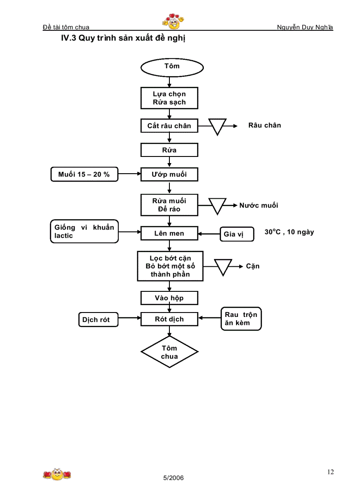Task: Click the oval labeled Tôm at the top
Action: [x=172, y=67]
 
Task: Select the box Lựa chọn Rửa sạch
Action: [x=169, y=98]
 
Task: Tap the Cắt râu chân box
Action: [x=169, y=126]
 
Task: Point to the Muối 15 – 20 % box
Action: [x=84, y=175]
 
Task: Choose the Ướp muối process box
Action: [x=169, y=175]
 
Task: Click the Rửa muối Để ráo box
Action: [x=169, y=205]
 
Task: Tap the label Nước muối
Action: [x=259, y=205]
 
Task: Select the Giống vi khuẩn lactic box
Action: [x=84, y=231]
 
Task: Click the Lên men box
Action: [x=169, y=233]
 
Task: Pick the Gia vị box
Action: [x=237, y=234]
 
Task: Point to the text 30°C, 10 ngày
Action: [x=289, y=232]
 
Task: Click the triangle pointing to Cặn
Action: [x=223, y=266]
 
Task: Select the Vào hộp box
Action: [x=169, y=298]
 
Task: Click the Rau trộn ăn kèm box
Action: [x=241, y=319]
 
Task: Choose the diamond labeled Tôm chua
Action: [x=169, y=352]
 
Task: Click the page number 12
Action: [x=330, y=472]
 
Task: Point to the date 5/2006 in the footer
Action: [x=173, y=478]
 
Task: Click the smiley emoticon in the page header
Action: [x=173, y=20]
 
